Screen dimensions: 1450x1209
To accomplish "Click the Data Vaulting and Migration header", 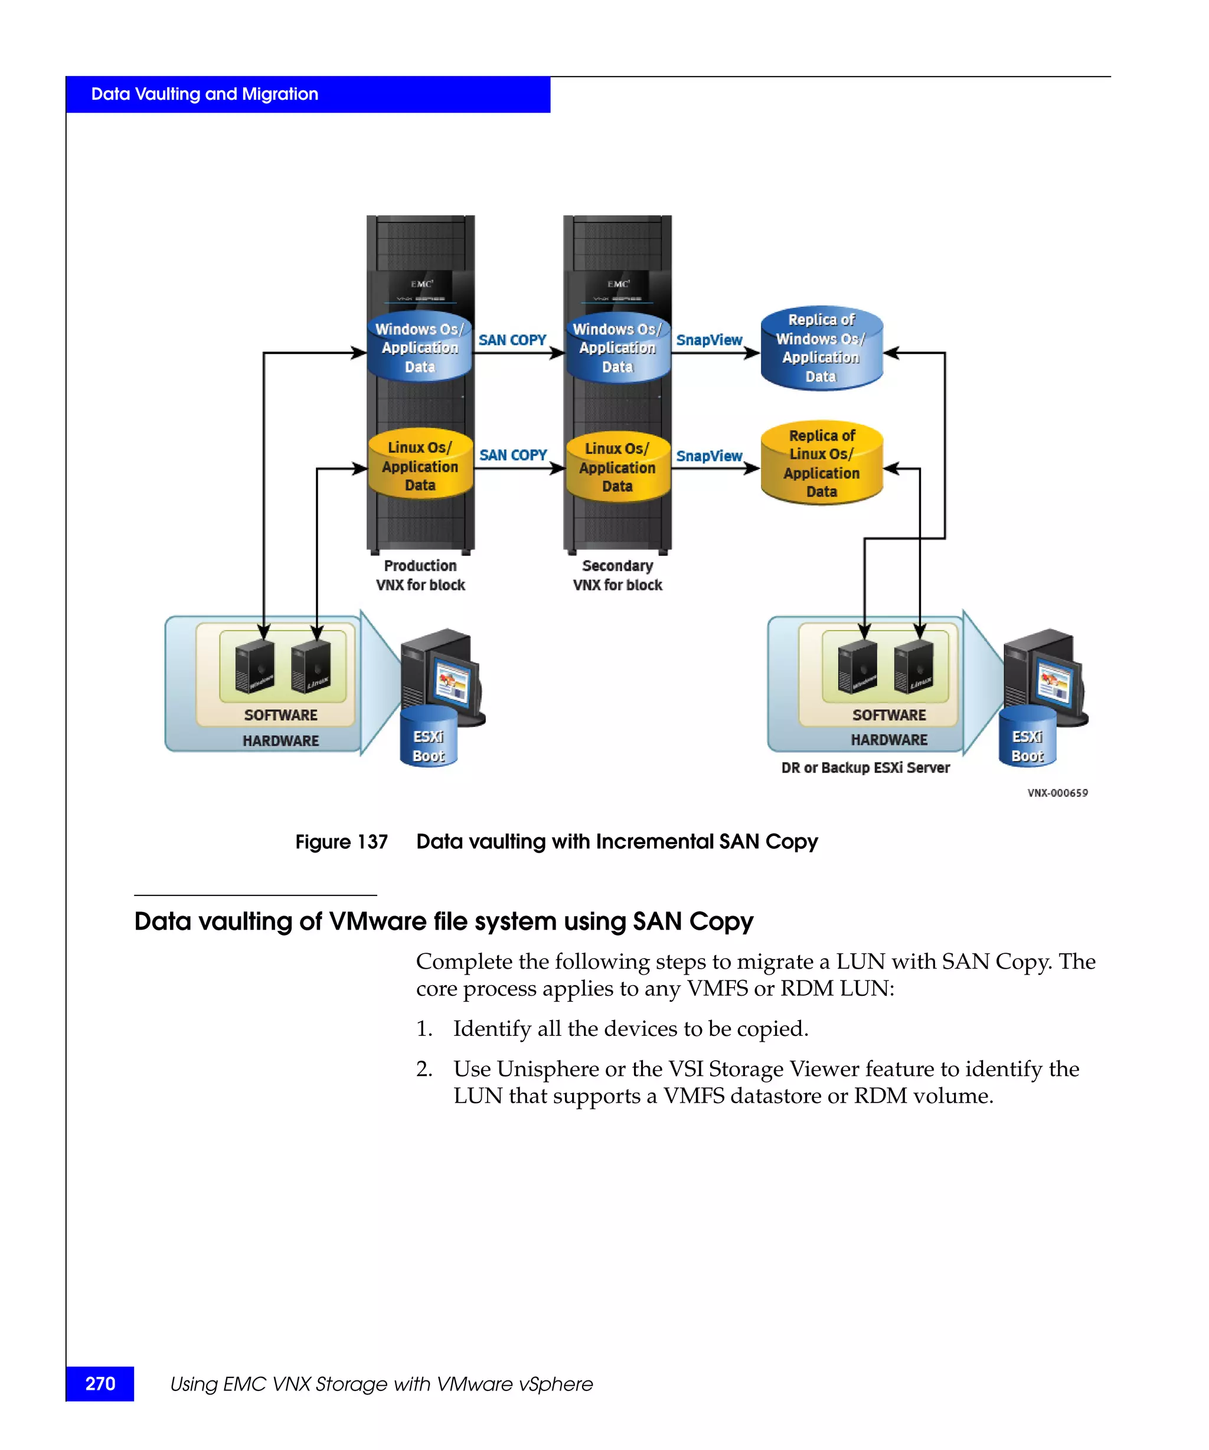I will pyautogui.click(x=204, y=94).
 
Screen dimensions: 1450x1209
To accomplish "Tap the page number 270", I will pyautogui.click(x=100, y=1383).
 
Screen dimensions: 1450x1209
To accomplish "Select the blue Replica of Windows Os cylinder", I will pyautogui.click(x=821, y=348).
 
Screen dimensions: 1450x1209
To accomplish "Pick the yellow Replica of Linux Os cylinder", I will pyautogui.click(x=821, y=463).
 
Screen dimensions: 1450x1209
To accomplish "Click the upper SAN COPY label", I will pyautogui.click(x=512, y=340).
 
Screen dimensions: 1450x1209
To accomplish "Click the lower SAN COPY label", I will pyautogui.click(x=512, y=455).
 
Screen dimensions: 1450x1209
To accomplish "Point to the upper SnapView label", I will pyautogui.click(x=709, y=340).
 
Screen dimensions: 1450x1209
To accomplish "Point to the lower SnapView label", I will pyautogui.click(x=709, y=456).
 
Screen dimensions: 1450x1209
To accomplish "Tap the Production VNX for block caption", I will pyautogui.click(x=420, y=575).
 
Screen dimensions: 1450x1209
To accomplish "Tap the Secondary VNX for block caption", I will pyautogui.click(x=617, y=575).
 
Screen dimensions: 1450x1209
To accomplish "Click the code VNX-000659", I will pyautogui.click(x=1057, y=793).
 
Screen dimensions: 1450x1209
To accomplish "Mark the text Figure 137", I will pyautogui.click(x=341, y=842).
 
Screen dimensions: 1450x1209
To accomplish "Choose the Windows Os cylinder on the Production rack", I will pyautogui.click(x=419, y=347).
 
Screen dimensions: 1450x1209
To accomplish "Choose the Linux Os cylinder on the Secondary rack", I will pyautogui.click(x=617, y=467).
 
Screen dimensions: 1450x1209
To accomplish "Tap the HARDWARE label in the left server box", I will pyautogui.click(x=280, y=740).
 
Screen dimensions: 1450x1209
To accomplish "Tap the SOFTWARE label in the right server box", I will pyautogui.click(x=888, y=714).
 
